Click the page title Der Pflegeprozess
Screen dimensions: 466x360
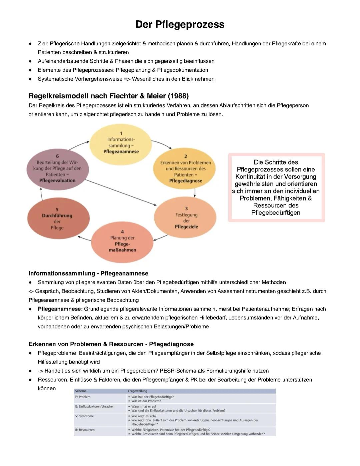tap(180, 24)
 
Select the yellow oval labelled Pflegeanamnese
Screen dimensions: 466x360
tap(121, 143)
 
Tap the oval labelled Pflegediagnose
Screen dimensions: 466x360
tap(186, 169)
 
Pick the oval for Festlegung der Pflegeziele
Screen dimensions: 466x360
tap(186, 217)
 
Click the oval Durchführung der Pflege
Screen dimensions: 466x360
tap(57, 219)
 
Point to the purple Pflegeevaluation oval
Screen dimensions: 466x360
tap(57, 169)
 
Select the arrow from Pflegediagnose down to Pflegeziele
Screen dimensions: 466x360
tap(195, 192)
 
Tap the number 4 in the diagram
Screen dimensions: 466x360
tap(122, 232)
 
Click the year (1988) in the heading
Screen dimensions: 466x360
tap(178, 96)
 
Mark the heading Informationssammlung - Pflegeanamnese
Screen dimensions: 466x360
tap(88, 274)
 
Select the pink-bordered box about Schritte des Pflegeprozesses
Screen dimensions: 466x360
tap(276, 187)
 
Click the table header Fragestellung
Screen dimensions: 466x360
tap(137, 391)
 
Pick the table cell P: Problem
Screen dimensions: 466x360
tap(83, 397)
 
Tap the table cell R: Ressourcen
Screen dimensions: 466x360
tap(85, 430)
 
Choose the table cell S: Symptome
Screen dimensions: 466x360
tap(85, 416)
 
